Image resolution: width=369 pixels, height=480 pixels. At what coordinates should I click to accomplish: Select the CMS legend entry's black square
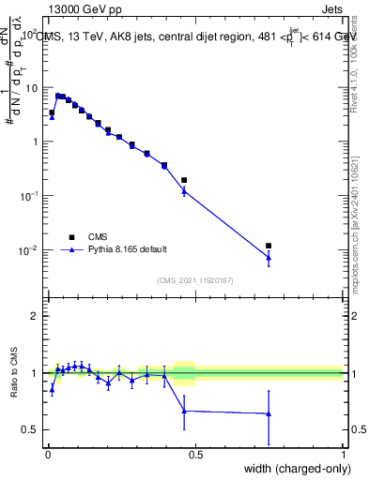tap(70, 237)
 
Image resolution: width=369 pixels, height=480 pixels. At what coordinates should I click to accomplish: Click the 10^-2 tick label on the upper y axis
tap(30, 250)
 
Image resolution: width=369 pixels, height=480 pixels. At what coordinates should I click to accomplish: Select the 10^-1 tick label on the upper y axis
tap(30, 196)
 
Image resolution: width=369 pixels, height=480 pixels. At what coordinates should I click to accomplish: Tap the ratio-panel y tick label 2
tap(36, 316)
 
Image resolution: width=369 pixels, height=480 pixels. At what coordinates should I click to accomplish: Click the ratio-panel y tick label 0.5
tap(31, 429)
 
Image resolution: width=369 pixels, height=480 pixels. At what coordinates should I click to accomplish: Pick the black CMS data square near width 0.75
tap(269, 246)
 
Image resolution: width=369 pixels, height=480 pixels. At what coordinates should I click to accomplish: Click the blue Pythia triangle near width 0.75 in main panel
tap(269, 257)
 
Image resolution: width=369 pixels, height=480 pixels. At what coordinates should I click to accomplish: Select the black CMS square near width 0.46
tap(184, 180)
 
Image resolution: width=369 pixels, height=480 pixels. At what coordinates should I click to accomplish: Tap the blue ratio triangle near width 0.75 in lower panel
tap(269, 413)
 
